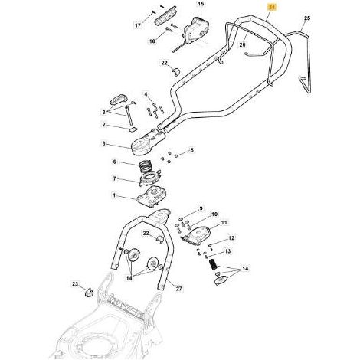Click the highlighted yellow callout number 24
[273, 8]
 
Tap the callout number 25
[307, 18]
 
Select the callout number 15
[201, 4]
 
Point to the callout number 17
[138, 25]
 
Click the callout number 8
[103, 144]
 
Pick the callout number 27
[179, 289]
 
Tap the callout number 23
[74, 283]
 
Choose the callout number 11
[224, 223]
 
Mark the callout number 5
[191, 150]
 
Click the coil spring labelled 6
[146, 166]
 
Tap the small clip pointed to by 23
[89, 293]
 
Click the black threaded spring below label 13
[213, 264]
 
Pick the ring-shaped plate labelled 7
[150, 178]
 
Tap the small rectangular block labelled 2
[133, 129]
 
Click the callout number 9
[201, 208]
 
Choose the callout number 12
[231, 238]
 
